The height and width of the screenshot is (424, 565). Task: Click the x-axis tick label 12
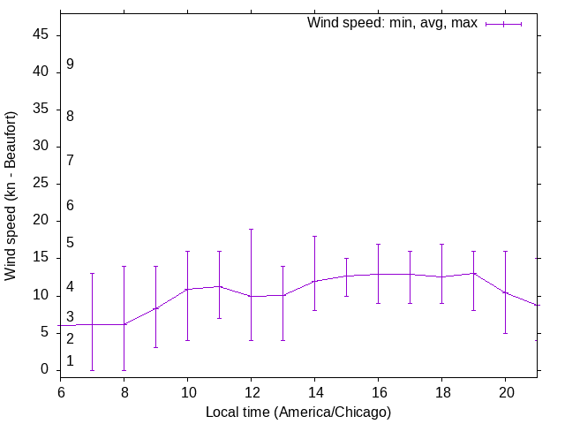point(251,391)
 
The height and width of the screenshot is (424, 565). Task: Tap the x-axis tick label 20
point(505,391)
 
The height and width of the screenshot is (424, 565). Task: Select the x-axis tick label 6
point(61,391)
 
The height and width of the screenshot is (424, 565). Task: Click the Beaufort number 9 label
point(70,64)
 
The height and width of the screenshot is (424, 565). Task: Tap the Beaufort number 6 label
point(70,205)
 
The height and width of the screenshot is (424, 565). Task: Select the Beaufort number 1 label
point(70,360)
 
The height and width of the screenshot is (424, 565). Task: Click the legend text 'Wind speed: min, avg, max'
point(392,23)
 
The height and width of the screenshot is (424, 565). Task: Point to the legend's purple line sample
point(503,24)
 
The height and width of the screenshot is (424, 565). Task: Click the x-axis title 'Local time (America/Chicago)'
point(298,412)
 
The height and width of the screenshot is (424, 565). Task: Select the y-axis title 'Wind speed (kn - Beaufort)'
point(11,196)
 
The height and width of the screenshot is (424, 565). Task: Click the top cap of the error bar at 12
point(251,229)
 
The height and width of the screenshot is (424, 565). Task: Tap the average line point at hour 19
point(473,273)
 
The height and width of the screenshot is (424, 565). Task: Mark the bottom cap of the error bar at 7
point(92,370)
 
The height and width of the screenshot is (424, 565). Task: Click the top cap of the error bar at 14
point(314,236)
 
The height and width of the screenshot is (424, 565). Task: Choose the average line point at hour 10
point(187,289)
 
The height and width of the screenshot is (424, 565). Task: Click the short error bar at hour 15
point(346,276)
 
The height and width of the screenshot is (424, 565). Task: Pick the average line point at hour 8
point(124,324)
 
